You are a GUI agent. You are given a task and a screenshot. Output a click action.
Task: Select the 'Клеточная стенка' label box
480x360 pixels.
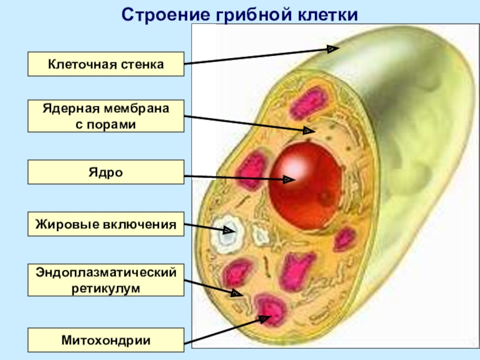point(106,64)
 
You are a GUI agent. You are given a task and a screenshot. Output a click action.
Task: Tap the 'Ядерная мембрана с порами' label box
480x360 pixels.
point(106,116)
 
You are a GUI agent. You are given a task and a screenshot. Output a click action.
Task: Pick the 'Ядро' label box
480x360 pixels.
point(106,172)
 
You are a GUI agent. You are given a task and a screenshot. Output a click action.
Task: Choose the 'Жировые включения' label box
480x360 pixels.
point(106,226)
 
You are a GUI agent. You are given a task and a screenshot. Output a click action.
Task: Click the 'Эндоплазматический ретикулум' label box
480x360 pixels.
point(106,280)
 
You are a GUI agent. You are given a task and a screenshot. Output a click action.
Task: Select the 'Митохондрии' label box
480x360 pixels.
point(106,340)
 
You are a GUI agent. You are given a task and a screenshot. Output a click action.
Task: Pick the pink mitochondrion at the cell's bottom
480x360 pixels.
point(270,310)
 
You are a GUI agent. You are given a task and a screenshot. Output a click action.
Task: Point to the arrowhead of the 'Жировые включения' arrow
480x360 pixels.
point(229,230)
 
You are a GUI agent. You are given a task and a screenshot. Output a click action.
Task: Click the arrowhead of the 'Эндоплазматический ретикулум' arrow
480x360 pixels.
point(238,294)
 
